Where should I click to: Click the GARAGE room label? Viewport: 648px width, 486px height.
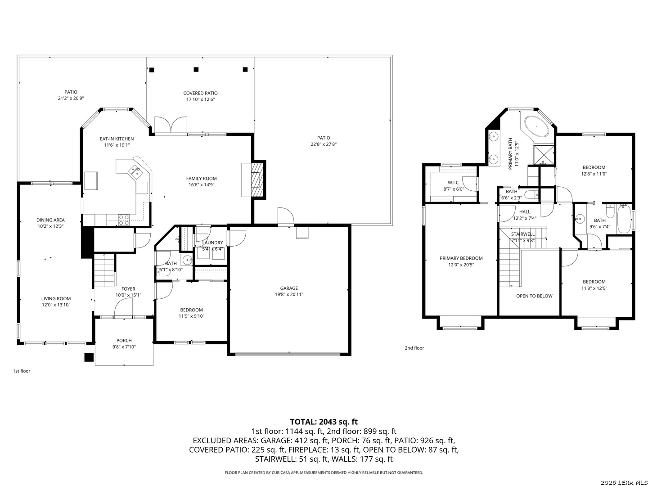tap(289, 288)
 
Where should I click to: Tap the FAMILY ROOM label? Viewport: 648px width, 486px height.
tap(201, 179)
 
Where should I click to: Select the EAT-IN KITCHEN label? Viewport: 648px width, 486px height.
tap(117, 139)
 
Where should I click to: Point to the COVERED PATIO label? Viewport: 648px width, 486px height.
tap(200, 93)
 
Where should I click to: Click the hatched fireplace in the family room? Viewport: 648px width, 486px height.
tap(257, 180)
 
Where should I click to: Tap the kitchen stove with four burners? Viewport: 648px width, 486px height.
tap(124, 220)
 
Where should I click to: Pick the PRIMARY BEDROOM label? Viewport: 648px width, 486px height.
tap(461, 258)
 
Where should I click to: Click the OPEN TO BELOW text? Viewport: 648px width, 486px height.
tap(534, 296)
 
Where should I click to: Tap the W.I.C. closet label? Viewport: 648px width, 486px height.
tap(454, 183)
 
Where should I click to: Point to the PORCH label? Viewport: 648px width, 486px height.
tap(124, 341)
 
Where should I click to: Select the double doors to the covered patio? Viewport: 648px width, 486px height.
tap(171, 125)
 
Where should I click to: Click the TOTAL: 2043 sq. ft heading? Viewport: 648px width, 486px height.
tap(324, 422)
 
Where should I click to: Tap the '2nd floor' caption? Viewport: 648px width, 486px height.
tap(414, 348)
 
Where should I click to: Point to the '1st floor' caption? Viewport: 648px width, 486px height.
tap(22, 371)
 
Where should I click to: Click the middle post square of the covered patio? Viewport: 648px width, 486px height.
tap(196, 70)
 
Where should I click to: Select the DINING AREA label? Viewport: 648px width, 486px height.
tap(50, 220)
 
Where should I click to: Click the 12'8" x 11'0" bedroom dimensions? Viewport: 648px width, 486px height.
tap(594, 174)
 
